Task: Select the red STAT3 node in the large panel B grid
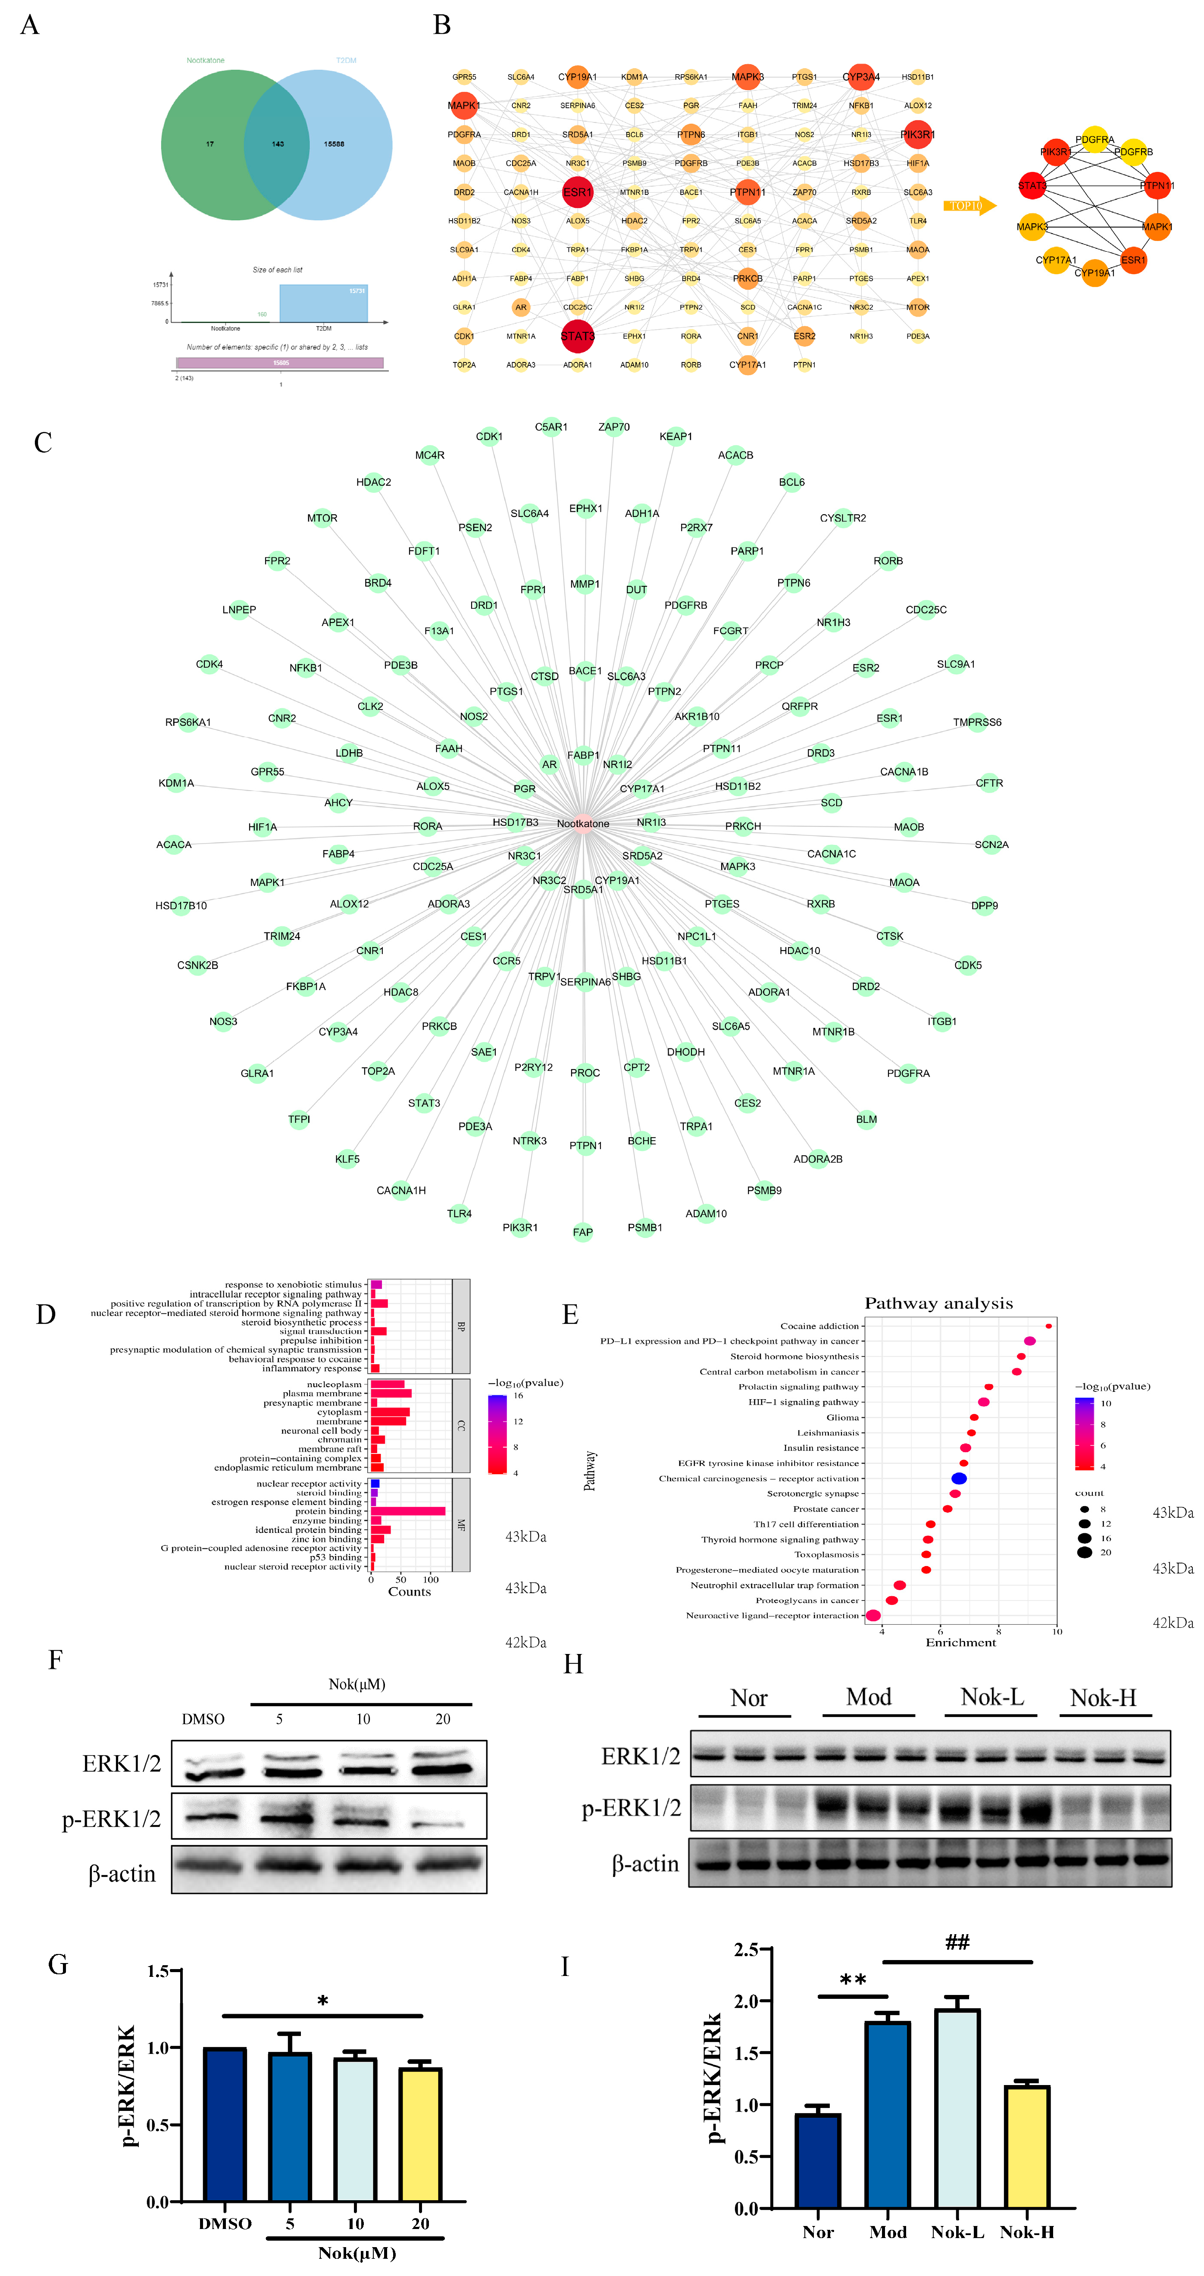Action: click(x=577, y=336)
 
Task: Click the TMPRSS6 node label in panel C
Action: click(x=977, y=722)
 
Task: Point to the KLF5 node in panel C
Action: click(x=347, y=1158)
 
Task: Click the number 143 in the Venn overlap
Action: click(x=277, y=144)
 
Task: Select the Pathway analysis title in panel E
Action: click(x=938, y=1303)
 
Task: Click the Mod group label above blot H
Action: click(x=868, y=1696)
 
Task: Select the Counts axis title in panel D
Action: click(x=409, y=1591)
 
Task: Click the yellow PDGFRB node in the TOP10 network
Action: click(x=1133, y=152)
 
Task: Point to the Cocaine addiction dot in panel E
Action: click(x=1048, y=1326)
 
